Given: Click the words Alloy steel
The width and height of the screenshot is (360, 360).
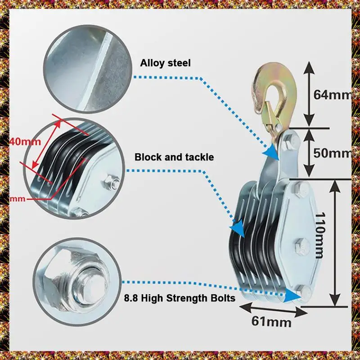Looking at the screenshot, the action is click(x=165, y=63).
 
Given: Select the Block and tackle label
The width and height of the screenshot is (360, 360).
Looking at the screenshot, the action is click(x=174, y=157).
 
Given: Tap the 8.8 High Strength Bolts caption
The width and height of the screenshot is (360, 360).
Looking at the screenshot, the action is click(x=179, y=297).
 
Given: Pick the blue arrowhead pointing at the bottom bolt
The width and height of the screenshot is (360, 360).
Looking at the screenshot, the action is click(x=293, y=295).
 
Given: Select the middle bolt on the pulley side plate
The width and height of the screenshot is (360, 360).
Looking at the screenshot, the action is click(x=300, y=247).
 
